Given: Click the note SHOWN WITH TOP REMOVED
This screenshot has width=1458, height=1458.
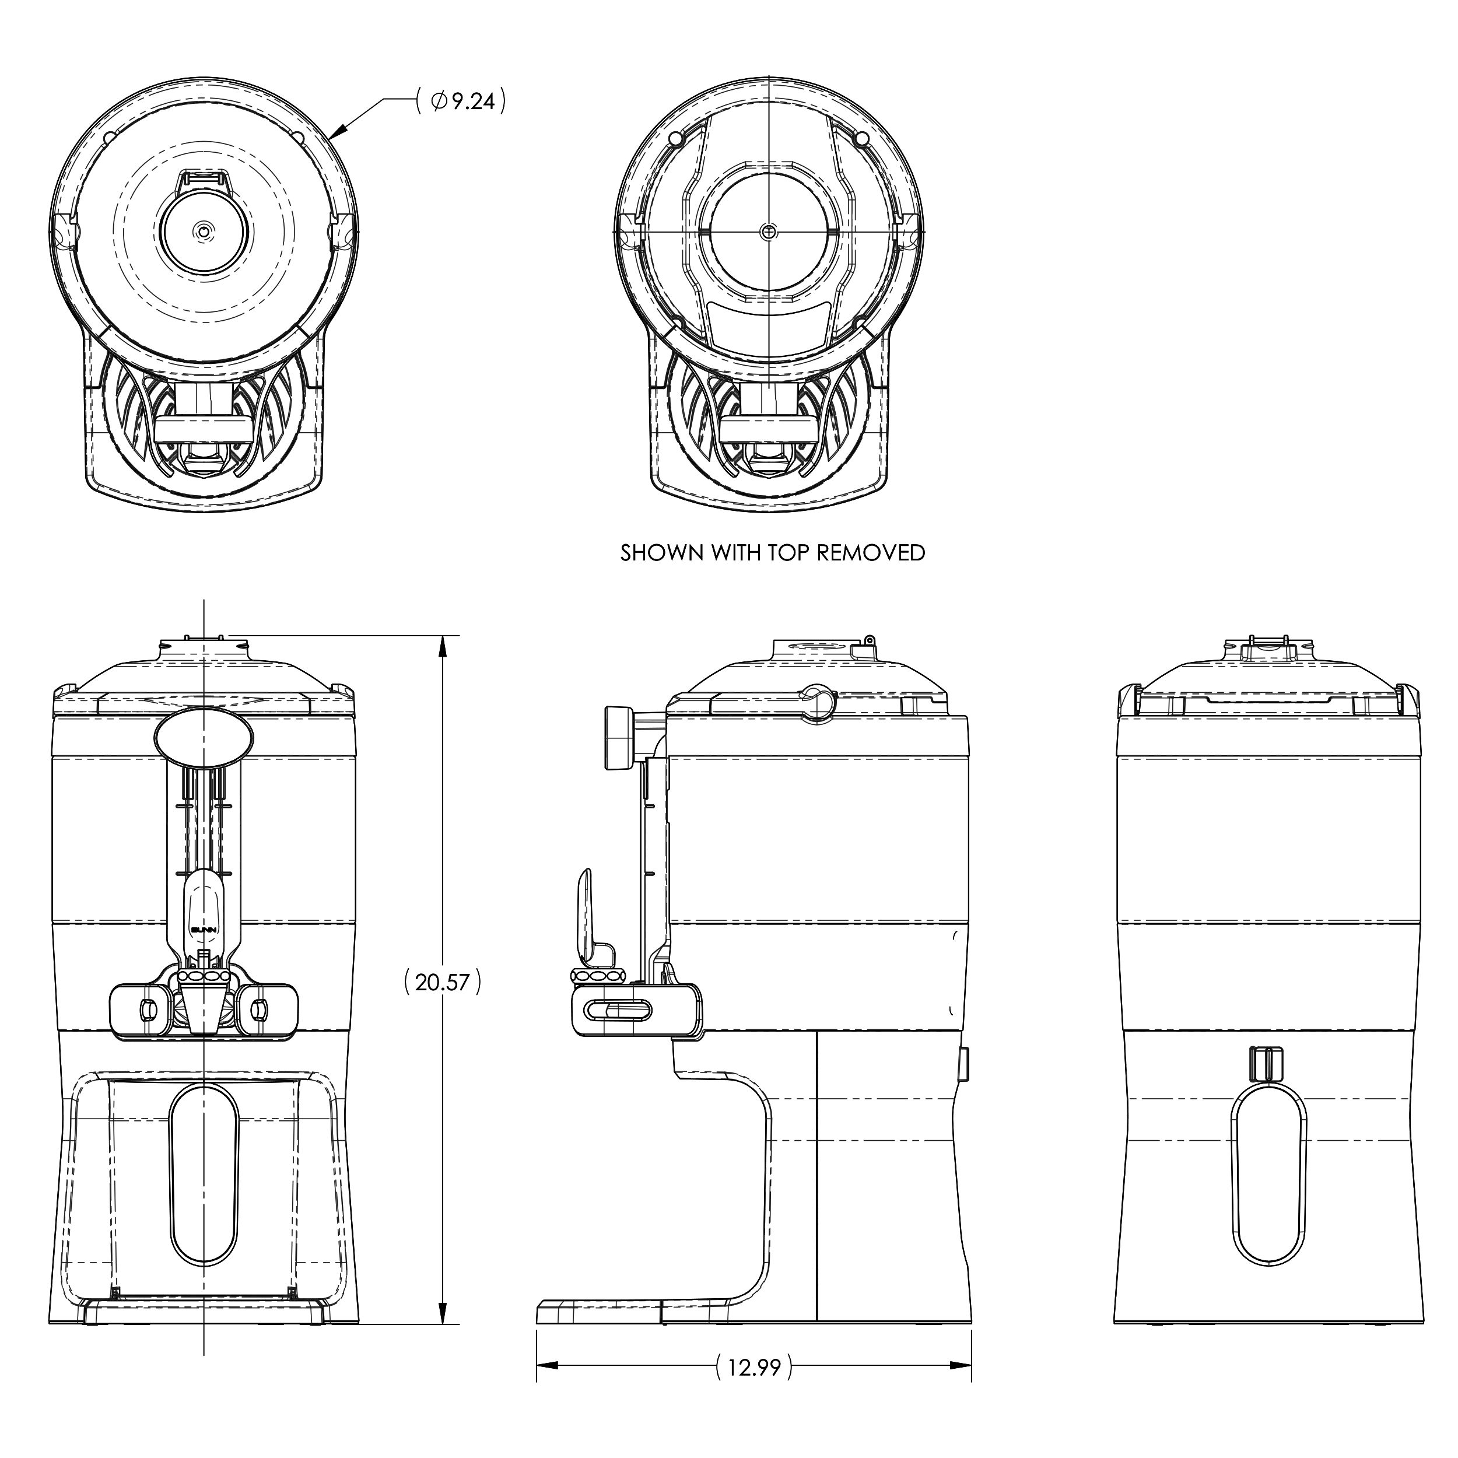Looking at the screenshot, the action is pos(772,552).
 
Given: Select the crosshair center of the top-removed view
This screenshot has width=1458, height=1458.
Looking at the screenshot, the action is pos(768,231).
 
